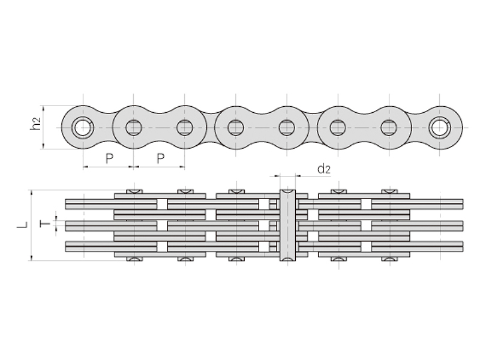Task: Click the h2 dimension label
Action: click(x=36, y=124)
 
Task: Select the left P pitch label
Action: click(x=109, y=158)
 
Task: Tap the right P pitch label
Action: click(x=160, y=158)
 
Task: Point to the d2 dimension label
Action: click(x=324, y=169)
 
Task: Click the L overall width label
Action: click(x=22, y=225)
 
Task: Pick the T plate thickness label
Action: click(x=45, y=224)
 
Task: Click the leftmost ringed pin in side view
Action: click(x=83, y=127)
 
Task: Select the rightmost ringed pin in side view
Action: click(x=440, y=127)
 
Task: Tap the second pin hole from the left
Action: click(x=134, y=127)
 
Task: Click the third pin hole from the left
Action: click(x=185, y=127)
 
